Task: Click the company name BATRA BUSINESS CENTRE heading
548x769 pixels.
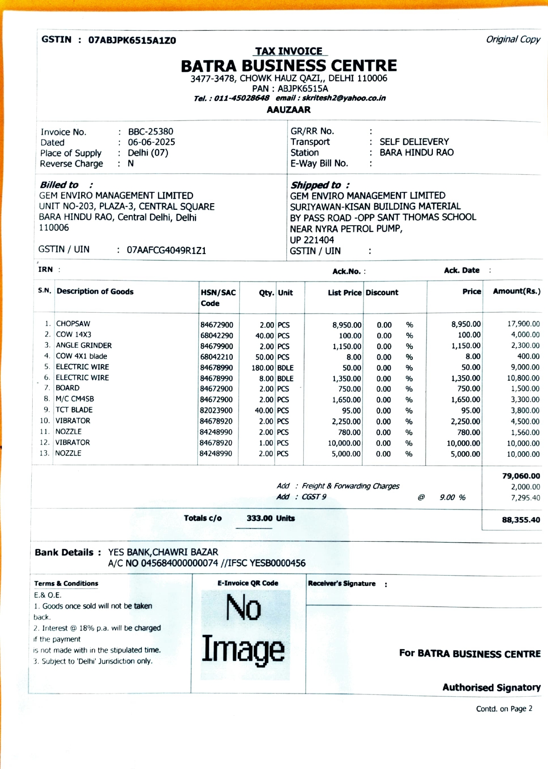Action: (289, 66)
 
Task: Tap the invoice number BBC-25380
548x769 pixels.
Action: (150, 131)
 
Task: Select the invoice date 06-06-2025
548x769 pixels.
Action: (151, 142)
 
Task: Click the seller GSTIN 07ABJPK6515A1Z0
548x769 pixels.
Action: (132, 40)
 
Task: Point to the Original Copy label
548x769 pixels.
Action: (513, 39)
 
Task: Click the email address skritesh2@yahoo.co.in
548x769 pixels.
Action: (344, 98)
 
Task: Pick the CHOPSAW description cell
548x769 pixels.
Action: (73, 323)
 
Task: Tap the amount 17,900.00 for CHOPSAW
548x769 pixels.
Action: (523, 324)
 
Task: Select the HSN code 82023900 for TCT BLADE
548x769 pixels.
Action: (216, 411)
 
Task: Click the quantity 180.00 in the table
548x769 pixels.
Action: (262, 368)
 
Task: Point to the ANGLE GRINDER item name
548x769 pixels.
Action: (84, 345)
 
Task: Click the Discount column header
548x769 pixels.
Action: (382, 293)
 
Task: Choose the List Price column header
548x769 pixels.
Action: (344, 293)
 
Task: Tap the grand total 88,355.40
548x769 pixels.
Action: (520, 520)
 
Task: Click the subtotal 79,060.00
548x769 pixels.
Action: (520, 476)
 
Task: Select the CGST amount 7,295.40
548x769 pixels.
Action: (525, 498)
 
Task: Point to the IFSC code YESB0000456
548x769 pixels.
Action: (277, 563)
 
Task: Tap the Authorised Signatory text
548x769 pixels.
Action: (491, 687)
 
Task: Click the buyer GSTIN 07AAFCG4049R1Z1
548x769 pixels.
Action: (166, 250)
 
